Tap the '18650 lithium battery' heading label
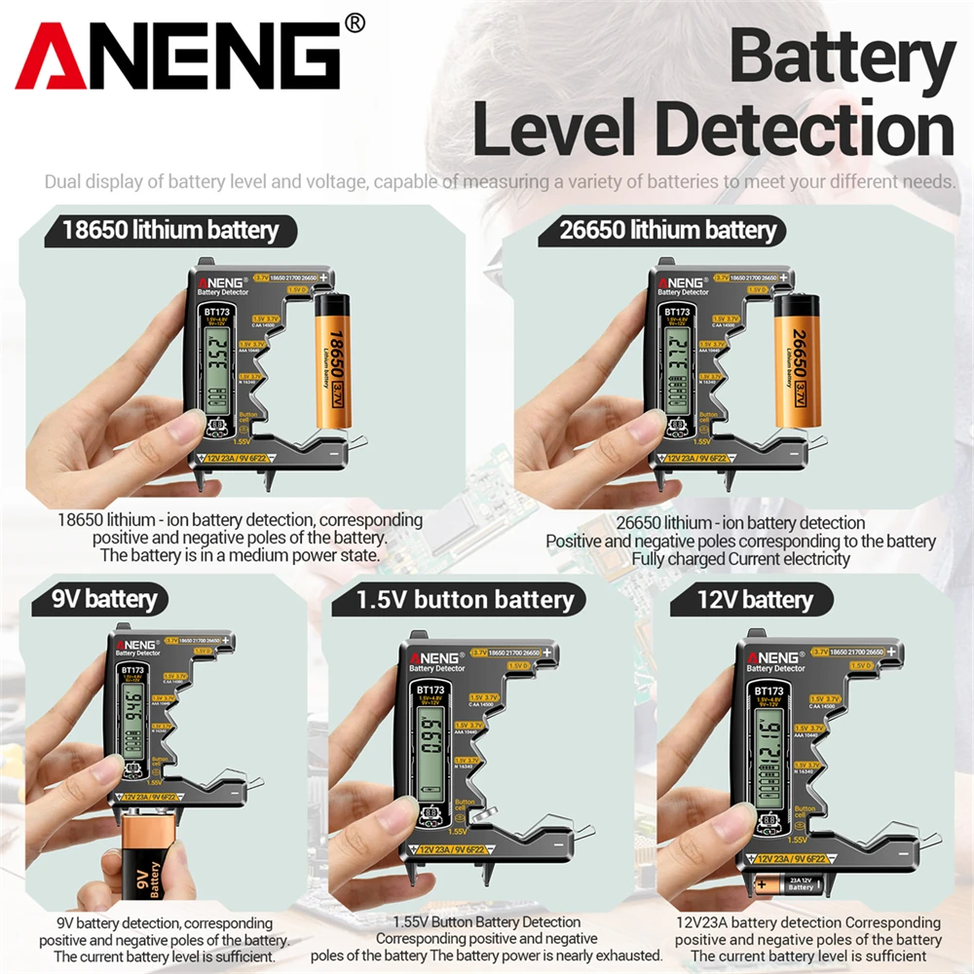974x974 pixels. tap(170, 231)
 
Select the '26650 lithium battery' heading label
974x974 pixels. tap(669, 231)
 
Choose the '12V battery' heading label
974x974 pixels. tap(755, 599)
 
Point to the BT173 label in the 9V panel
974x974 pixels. tap(132, 670)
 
